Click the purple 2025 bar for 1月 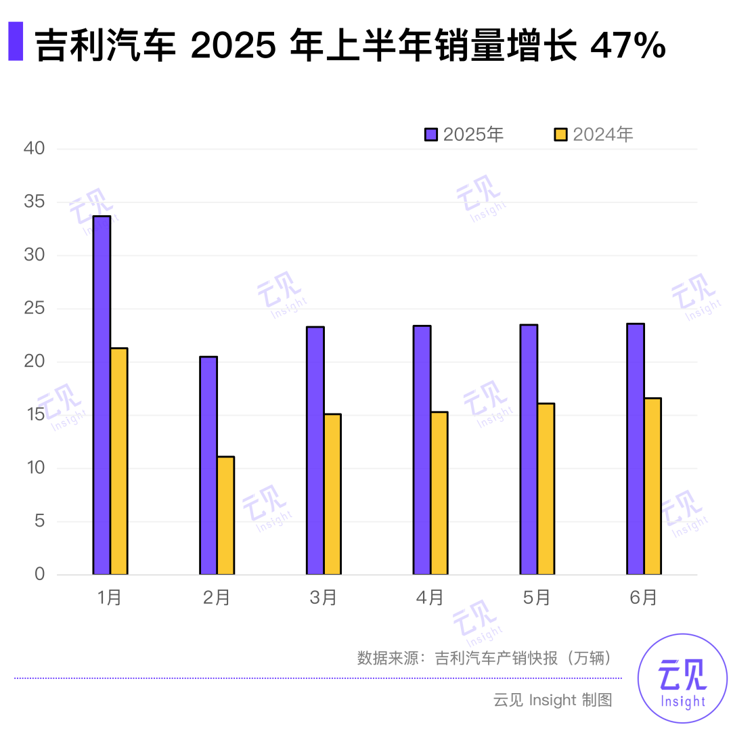point(102,395)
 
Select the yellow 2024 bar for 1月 point(119,461)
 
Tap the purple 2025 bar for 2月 point(208,466)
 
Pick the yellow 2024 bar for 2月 point(225,516)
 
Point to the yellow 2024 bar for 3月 point(332,494)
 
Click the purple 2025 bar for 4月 point(422,450)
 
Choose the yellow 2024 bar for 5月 point(546,489)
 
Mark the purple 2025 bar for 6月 point(636,449)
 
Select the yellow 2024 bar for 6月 point(652,486)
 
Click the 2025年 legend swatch point(431,134)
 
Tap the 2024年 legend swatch point(560,134)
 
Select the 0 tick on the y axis point(39,575)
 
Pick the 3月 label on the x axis point(324,598)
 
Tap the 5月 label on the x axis point(537,598)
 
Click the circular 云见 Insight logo point(682,678)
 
